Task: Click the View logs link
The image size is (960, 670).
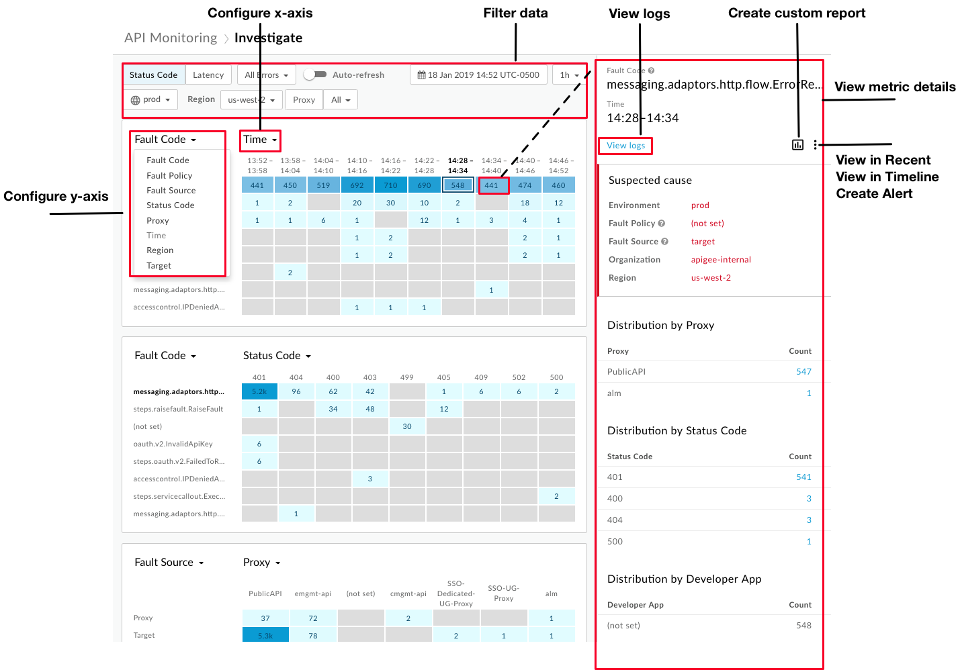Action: (x=625, y=146)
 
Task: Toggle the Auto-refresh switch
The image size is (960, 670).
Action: (x=314, y=75)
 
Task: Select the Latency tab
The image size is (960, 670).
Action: (x=208, y=75)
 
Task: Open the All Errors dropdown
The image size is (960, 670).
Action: (x=267, y=75)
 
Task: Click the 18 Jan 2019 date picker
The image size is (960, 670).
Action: (x=478, y=75)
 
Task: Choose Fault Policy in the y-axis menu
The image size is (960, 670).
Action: (x=169, y=176)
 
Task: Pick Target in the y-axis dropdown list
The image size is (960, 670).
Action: (x=159, y=266)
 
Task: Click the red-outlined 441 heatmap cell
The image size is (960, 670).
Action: (x=492, y=185)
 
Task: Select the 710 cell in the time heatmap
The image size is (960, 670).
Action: (x=390, y=185)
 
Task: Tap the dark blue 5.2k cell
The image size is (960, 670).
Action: (x=259, y=391)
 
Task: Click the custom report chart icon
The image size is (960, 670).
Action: (x=797, y=144)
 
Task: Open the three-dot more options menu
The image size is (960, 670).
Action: (x=815, y=144)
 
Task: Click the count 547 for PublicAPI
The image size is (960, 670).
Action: (x=803, y=372)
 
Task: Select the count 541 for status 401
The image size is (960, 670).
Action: (x=803, y=477)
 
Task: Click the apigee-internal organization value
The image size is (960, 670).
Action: (x=721, y=260)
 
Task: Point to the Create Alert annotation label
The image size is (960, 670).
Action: (x=874, y=194)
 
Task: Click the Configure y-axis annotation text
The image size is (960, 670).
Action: (x=56, y=197)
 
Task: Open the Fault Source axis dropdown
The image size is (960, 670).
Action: (x=169, y=563)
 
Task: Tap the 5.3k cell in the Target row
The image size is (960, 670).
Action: (x=265, y=636)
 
